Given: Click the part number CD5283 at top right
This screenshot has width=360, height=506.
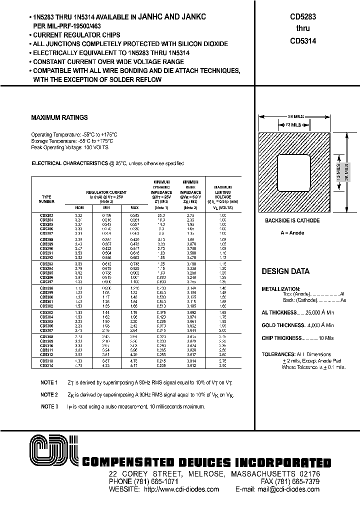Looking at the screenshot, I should click(x=302, y=16).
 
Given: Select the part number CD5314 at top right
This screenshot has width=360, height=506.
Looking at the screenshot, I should click(x=302, y=41).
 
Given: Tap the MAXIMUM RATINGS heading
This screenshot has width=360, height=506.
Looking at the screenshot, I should click(x=59, y=118).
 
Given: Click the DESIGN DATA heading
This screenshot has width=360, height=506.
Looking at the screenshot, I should click(x=285, y=271).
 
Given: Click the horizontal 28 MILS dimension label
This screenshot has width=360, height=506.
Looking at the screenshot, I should click(x=294, y=116).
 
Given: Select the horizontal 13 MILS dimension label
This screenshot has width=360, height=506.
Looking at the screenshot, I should click(x=294, y=124).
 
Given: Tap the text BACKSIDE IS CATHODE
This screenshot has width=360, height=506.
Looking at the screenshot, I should click(x=292, y=220).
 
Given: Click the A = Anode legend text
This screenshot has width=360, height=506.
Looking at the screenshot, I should click(x=292, y=233).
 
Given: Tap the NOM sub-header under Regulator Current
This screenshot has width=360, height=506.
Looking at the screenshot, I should click(x=79, y=207).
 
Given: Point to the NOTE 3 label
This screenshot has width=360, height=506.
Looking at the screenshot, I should click(x=49, y=407).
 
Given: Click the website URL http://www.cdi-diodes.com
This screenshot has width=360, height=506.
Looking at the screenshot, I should click(x=181, y=489).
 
